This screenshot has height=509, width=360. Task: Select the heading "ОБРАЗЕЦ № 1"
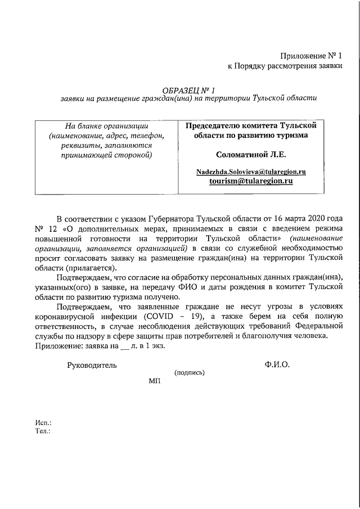pos(188,89)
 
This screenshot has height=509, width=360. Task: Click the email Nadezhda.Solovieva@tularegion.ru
pos(251,171)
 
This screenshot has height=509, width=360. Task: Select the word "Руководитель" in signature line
pos(92,365)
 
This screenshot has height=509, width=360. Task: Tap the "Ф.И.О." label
pos(277,365)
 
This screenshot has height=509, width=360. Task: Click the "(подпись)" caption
pos(190,373)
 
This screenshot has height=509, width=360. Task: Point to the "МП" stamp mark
pos(155,381)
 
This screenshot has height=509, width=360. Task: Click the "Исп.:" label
pos(43,422)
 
